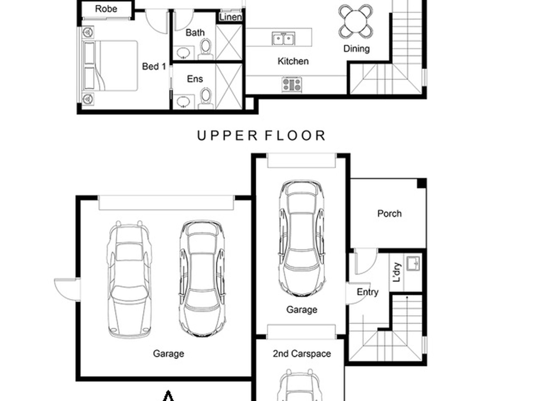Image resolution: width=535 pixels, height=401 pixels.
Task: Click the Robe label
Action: (x=106, y=9)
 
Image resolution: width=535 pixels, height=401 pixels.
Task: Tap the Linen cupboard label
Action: (x=230, y=17)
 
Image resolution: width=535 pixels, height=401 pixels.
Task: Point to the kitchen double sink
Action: (x=283, y=39)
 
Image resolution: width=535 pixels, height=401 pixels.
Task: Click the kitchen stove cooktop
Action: (x=292, y=84)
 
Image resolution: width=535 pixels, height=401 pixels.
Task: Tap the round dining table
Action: (x=356, y=21)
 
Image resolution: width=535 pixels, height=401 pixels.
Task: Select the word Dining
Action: (x=356, y=49)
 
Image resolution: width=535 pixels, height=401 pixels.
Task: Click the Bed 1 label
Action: (x=154, y=66)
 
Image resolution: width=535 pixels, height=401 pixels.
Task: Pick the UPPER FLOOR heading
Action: (x=261, y=136)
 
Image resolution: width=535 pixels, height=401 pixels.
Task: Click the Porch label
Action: (x=389, y=214)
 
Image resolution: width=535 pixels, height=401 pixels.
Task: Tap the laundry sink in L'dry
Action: (x=413, y=263)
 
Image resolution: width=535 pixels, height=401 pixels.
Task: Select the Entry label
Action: (x=367, y=292)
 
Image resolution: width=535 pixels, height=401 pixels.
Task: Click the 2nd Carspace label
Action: (x=302, y=354)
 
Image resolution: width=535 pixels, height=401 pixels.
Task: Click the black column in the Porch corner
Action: (x=422, y=183)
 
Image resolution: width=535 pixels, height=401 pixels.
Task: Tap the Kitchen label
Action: (x=293, y=61)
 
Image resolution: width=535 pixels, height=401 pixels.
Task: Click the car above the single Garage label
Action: (x=302, y=238)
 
